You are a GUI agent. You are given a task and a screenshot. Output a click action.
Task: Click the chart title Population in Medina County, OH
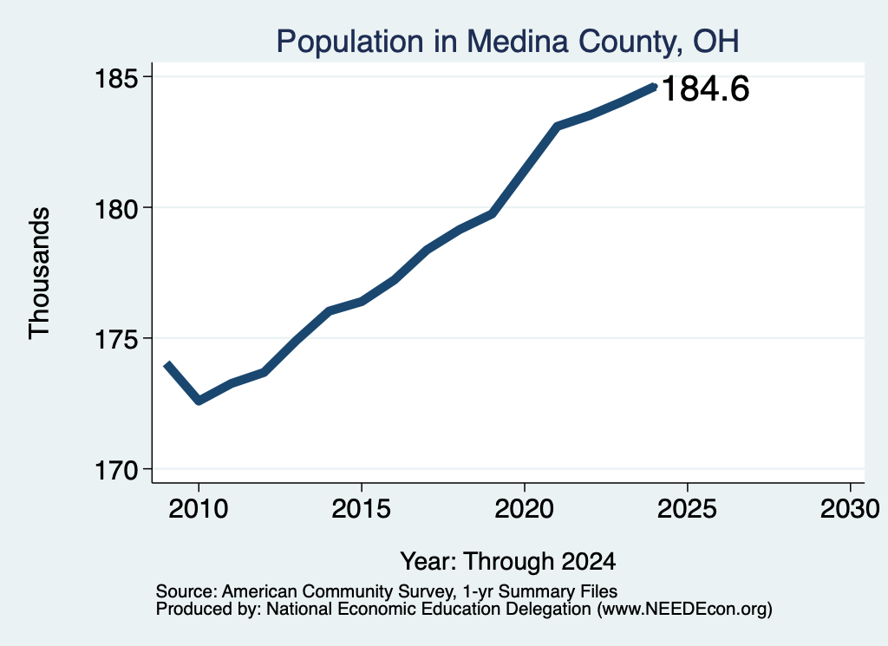tap(507, 42)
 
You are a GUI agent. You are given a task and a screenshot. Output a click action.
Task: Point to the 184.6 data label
tap(705, 89)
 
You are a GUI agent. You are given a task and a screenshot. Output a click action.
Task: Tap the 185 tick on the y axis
tap(116, 78)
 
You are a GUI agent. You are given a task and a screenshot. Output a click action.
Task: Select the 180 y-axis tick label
tap(116, 209)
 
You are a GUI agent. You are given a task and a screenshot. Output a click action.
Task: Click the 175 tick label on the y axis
tap(116, 340)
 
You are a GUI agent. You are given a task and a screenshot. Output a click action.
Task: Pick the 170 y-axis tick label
tap(116, 471)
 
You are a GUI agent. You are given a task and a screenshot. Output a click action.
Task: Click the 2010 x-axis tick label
tap(199, 509)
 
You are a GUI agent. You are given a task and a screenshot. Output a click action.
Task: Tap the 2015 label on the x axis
tap(362, 509)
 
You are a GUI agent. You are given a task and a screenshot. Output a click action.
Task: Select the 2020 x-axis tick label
tap(525, 509)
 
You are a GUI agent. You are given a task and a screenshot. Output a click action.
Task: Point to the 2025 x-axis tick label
tap(687, 509)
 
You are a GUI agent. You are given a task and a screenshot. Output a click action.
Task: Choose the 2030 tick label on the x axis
tap(850, 509)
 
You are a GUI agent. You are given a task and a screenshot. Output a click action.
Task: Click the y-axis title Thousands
tap(39, 273)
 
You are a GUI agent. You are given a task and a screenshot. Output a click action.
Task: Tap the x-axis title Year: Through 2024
tap(508, 562)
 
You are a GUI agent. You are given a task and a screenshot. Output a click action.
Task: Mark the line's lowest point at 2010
tap(199, 401)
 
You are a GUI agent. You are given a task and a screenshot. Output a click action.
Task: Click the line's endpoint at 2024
tap(655, 87)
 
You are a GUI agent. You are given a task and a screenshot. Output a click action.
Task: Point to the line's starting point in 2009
tap(166, 364)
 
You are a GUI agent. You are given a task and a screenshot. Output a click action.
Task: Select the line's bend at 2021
tap(558, 127)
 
